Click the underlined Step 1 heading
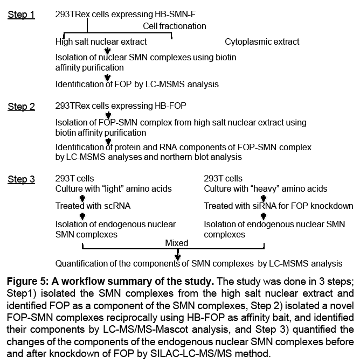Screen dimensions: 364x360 click(21, 15)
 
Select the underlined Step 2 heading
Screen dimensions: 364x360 click(21, 107)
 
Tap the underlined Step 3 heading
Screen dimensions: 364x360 click(21, 180)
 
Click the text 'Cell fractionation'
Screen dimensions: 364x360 click(174, 26)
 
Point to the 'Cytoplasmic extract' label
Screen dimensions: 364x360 click(262, 41)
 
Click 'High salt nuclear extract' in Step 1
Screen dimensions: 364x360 click(101, 41)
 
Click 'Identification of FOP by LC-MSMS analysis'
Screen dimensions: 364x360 click(137, 84)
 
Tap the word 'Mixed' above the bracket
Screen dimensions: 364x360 click(177, 243)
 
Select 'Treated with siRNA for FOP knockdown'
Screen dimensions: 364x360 click(279, 206)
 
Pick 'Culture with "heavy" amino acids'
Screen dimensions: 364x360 click(266, 188)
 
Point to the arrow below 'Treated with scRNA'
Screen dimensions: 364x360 click(82, 215)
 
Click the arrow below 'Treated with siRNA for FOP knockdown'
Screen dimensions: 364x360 click(264, 215)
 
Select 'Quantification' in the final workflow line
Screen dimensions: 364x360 click(79, 264)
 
